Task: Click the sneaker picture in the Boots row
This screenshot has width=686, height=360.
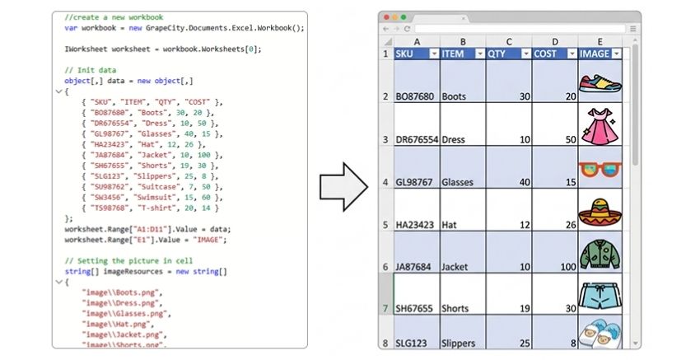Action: point(600,82)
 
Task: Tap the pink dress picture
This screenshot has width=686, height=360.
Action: point(600,126)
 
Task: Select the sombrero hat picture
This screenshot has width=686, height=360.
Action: point(600,213)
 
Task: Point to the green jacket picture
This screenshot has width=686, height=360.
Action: point(600,255)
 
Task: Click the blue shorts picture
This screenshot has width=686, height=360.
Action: point(600,296)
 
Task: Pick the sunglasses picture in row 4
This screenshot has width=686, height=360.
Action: point(600,169)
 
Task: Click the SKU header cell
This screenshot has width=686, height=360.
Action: point(417,54)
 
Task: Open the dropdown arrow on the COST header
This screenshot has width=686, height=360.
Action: point(572,54)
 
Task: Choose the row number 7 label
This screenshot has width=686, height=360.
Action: point(385,308)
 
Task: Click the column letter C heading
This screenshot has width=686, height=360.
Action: point(509,42)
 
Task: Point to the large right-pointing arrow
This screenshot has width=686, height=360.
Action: point(344,187)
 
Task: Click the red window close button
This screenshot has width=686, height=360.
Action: point(386,17)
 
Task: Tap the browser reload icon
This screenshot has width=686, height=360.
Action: point(407,29)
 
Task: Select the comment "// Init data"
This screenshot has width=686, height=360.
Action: point(91,70)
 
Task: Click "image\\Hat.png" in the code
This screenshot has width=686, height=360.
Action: point(116,324)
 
